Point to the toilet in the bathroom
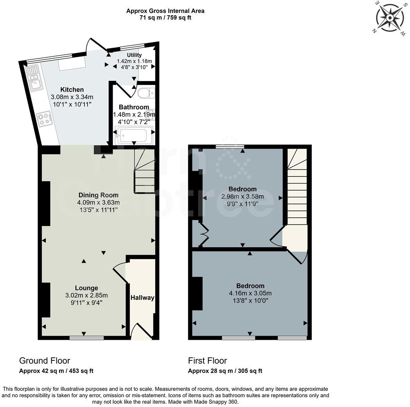click(146, 93)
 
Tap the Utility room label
click(134, 55)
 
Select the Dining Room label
click(98, 195)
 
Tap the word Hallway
click(142, 298)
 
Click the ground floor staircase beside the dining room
click(144, 172)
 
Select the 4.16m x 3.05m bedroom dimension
click(250, 293)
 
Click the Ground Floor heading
click(45, 360)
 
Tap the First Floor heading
click(207, 360)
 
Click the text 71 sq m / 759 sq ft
click(165, 18)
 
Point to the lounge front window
click(86, 338)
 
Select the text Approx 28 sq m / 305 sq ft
click(225, 371)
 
